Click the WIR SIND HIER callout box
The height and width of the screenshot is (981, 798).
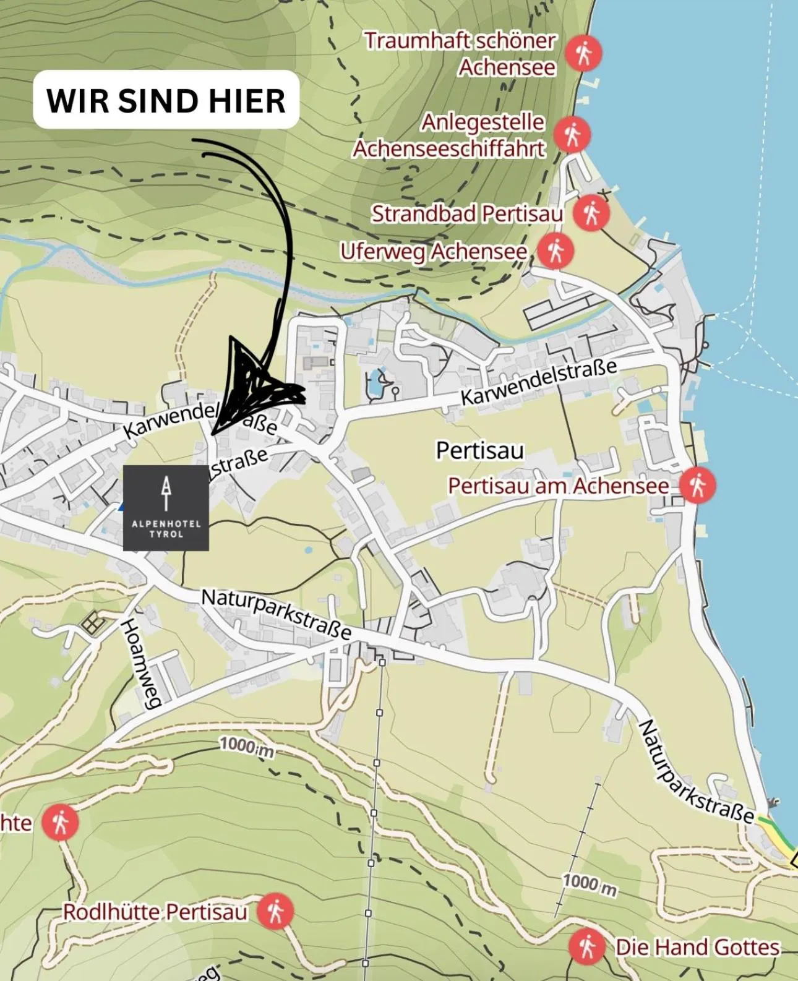coord(166,100)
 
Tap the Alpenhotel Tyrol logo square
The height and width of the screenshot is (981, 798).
coord(166,508)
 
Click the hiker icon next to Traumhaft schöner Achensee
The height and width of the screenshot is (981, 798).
coord(583,53)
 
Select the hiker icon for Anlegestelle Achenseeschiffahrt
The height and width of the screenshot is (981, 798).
coord(572,135)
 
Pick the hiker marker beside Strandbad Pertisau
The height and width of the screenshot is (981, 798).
coord(591,213)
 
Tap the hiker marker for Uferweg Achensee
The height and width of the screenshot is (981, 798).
coord(556,251)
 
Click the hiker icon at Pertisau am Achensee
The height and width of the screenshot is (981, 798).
coord(698,486)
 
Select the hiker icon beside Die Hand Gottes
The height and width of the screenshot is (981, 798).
coord(588,946)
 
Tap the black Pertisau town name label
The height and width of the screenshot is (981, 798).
coord(479,450)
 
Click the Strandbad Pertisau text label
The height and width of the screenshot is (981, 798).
coord(467,213)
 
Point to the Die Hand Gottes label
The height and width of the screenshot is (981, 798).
coord(698,947)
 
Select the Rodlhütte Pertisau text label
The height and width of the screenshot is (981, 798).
coord(155,912)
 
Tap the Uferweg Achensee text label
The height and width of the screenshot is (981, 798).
coord(434,252)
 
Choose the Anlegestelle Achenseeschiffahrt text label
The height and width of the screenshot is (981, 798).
coord(450,135)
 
